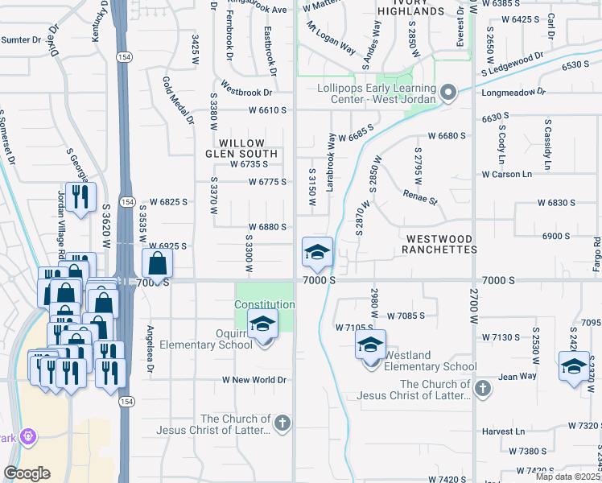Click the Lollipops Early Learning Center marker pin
pos(448,93)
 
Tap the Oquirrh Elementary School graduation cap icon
pos(262,324)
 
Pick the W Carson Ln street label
pos(507,174)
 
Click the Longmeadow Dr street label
pos(534,92)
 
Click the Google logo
pos(27,473)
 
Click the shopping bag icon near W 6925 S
pos(159,262)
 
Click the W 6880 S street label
pos(267,227)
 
